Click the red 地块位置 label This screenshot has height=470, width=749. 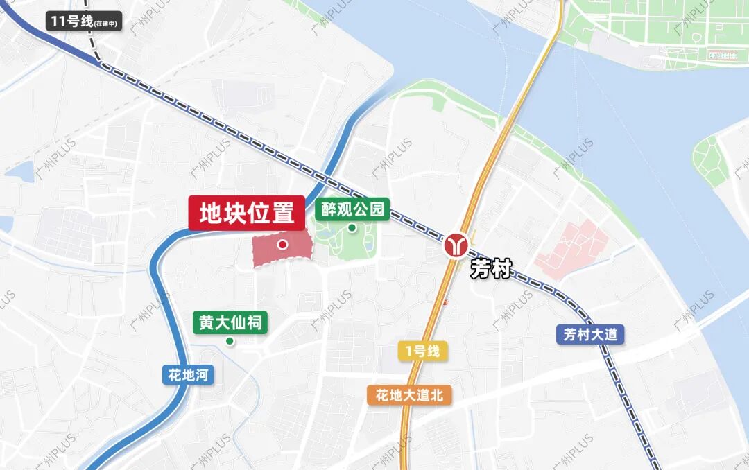pyautogui.click(x=247, y=213)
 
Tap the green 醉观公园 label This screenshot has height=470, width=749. pyautogui.click(x=352, y=209)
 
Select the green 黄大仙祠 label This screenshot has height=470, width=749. pyautogui.click(x=230, y=322)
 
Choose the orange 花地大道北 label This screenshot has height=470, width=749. pyautogui.click(x=409, y=395)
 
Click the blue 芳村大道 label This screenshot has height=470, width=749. pyautogui.click(x=590, y=335)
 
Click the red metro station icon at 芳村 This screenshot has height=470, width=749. pyautogui.click(x=456, y=245)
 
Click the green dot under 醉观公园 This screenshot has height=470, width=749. pyautogui.click(x=352, y=228)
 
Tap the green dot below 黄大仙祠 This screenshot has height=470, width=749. pyautogui.click(x=230, y=341)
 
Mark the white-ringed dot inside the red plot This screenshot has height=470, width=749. pyautogui.click(x=282, y=244)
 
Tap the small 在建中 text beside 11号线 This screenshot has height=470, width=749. pyautogui.click(x=106, y=24)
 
